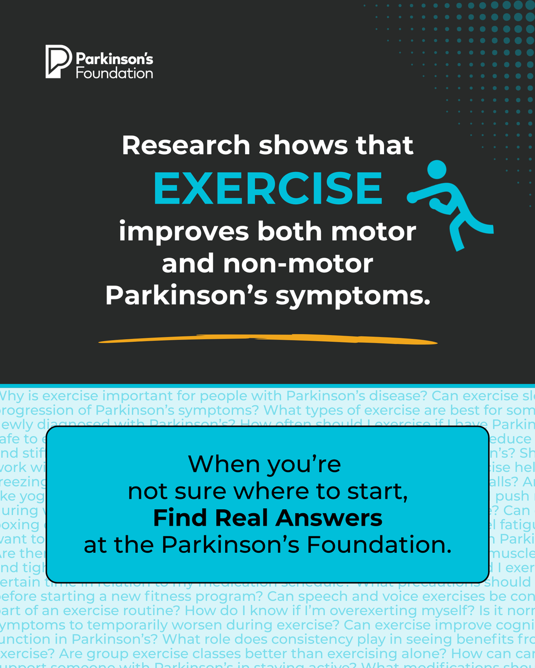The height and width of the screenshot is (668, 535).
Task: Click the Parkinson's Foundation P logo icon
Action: [x=58, y=62]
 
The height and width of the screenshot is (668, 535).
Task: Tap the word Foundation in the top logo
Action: [x=114, y=72]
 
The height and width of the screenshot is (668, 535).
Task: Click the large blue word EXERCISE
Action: [x=268, y=188]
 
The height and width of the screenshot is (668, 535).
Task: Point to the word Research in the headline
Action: [x=186, y=145]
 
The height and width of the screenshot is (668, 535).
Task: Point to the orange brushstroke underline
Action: [x=268, y=339]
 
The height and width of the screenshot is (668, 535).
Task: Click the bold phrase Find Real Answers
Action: [x=268, y=518]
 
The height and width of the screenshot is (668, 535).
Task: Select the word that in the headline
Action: [x=386, y=145]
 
